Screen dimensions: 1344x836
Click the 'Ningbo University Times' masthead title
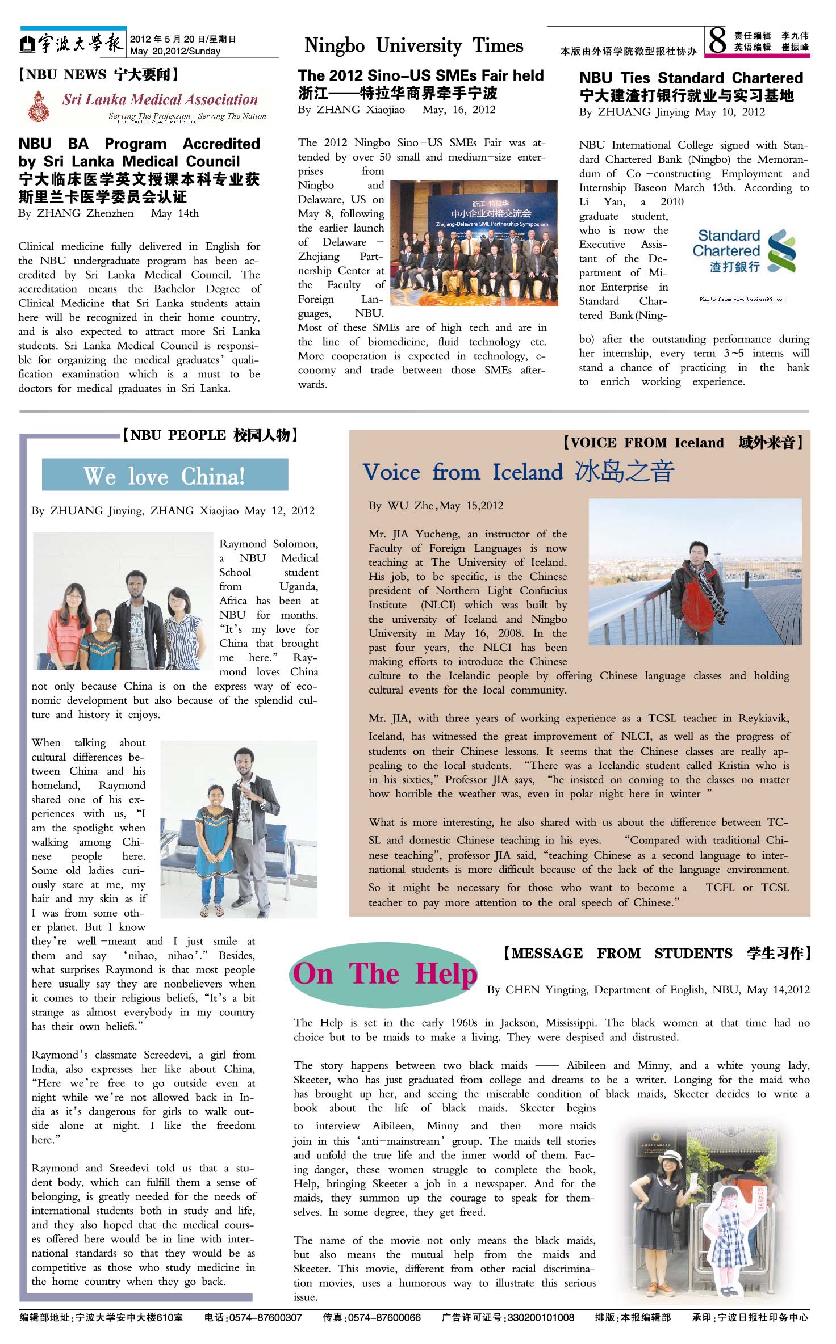point(413,45)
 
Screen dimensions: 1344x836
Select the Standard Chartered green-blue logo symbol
point(781,251)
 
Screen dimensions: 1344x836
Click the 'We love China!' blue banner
point(165,475)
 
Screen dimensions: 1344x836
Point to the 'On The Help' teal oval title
point(384,974)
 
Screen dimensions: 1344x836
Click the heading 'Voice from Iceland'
point(463,472)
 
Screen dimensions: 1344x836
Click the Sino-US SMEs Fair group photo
point(474,242)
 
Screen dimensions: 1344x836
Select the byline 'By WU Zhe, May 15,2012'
point(436,505)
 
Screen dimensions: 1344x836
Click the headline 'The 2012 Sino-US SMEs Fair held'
point(421,75)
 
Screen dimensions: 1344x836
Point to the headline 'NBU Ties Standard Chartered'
point(691,78)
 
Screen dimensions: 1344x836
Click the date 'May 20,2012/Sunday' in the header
point(175,51)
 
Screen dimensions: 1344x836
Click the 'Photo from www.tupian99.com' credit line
point(742,299)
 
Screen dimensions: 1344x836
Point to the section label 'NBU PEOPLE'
point(178,435)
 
